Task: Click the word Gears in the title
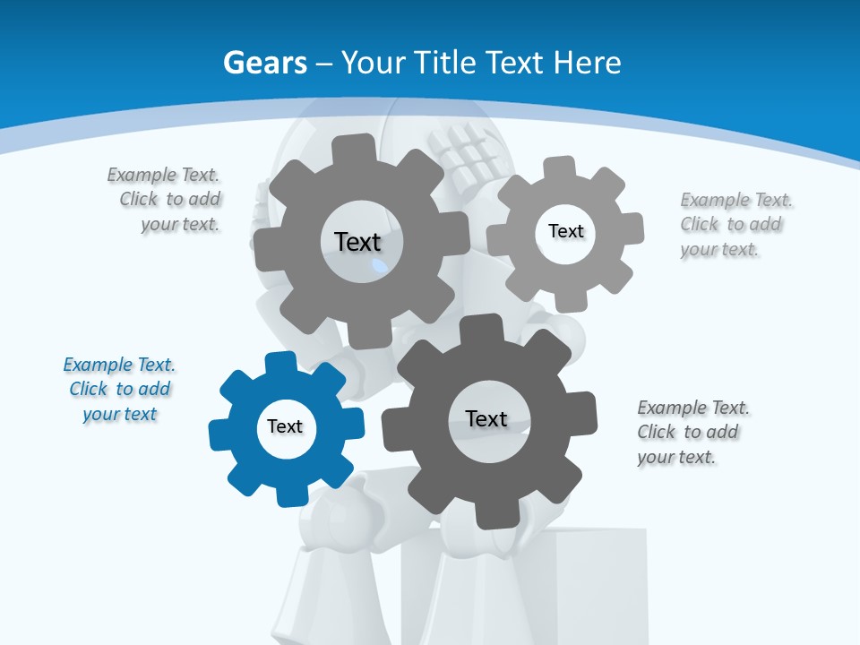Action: (264, 63)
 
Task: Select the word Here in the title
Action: (587, 63)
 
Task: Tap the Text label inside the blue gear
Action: (285, 427)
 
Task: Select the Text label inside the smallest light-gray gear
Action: (565, 231)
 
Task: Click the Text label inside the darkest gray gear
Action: (486, 418)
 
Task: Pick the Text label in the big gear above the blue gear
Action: (357, 242)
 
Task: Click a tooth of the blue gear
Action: (280, 363)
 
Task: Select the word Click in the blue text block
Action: (89, 390)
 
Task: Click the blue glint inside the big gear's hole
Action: (380, 266)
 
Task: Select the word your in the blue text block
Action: (100, 415)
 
